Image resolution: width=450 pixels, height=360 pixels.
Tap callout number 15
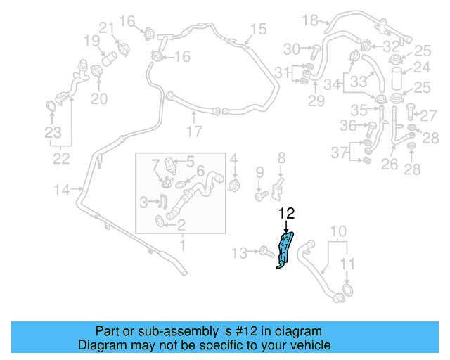(x=258, y=29)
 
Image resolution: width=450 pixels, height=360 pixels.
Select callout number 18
(x=310, y=20)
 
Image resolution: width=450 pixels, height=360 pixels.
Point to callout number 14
(x=62, y=189)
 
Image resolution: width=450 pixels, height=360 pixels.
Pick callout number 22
(x=61, y=159)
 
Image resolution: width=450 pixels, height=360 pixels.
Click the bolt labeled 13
(x=265, y=250)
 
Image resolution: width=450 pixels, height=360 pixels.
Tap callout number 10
(x=338, y=231)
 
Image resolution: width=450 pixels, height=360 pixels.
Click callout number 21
(x=106, y=27)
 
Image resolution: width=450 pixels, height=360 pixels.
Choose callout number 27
(x=428, y=113)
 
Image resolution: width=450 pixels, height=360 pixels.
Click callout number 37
(x=340, y=153)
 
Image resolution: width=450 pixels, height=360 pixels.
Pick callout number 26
(x=389, y=166)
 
